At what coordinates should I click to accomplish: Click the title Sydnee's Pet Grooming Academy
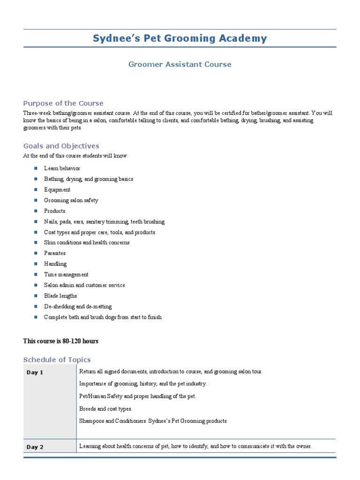pyautogui.click(x=180, y=38)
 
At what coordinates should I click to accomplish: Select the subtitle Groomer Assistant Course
pyautogui.click(x=180, y=64)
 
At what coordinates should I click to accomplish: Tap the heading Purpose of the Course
pyautogui.click(x=63, y=103)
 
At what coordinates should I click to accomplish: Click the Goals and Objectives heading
pyautogui.click(x=61, y=146)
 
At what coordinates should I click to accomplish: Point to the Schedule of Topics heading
pyautogui.click(x=57, y=360)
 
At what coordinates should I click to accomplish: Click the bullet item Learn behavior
pyautogui.click(x=62, y=168)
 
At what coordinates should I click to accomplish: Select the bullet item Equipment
pyautogui.click(x=57, y=190)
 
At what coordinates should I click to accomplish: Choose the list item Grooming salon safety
pyautogui.click(x=71, y=200)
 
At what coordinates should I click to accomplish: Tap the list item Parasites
pyautogui.click(x=55, y=253)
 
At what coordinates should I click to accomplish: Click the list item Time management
pyautogui.click(x=66, y=275)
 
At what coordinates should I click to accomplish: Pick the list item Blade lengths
pyautogui.click(x=60, y=296)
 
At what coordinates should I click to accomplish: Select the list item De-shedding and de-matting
pyautogui.click(x=78, y=307)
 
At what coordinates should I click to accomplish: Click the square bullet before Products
pyautogui.click(x=35, y=211)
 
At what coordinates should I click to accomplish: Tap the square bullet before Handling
pyautogui.click(x=35, y=264)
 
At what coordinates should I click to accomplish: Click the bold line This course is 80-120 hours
pyautogui.click(x=61, y=341)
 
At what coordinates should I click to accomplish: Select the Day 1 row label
pyautogui.click(x=35, y=373)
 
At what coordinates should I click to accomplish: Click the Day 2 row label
pyautogui.click(x=35, y=447)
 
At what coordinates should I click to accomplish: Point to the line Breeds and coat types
pyautogui.click(x=106, y=409)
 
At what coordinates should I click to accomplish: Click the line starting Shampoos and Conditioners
pyautogui.click(x=153, y=421)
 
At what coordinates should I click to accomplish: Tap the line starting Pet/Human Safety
pyautogui.click(x=138, y=396)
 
